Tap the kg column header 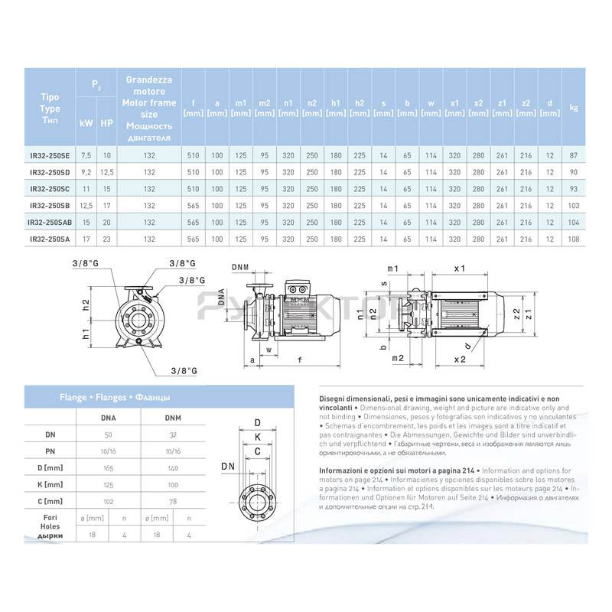pos(574,108)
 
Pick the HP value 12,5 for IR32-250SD pos(107,172)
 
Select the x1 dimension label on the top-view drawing pos(460,269)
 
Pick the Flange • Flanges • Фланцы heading pos(115,398)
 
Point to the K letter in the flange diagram pos(258,437)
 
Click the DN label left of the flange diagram pos(228,465)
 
